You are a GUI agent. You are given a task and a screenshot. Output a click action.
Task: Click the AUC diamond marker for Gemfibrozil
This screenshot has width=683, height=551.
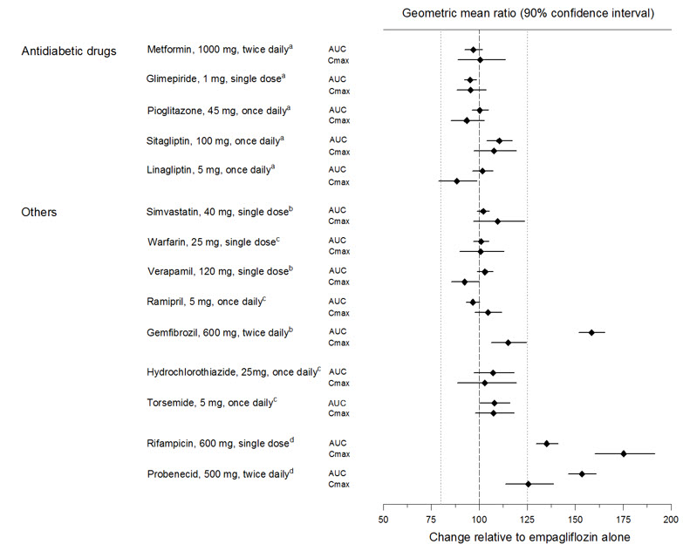coord(591,332)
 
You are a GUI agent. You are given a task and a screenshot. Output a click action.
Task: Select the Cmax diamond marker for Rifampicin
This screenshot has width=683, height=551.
coord(624,453)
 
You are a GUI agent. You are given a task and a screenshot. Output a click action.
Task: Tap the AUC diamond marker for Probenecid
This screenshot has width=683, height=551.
coord(582,473)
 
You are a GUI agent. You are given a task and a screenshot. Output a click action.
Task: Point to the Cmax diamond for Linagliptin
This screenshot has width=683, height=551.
coord(456,181)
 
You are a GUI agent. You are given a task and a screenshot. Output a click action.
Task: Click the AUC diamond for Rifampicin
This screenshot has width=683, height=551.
coord(547,443)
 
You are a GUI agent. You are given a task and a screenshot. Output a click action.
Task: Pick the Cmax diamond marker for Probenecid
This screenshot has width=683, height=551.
coord(528,484)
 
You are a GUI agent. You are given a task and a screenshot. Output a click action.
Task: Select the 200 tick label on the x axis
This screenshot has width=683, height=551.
coord(671,519)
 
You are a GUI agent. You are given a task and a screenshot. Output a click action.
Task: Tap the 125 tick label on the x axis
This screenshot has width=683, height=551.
coord(528,519)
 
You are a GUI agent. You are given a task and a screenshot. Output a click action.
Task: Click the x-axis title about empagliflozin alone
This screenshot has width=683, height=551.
coord(529,537)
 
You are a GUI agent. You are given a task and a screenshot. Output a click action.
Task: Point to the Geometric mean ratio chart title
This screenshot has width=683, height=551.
coord(528,14)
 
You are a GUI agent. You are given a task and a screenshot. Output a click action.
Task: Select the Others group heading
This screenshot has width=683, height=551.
coord(39,212)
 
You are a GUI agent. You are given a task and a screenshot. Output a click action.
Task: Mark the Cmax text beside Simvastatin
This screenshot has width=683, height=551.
coord(338,221)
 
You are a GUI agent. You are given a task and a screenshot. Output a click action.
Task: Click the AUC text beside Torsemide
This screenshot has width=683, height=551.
coord(338,403)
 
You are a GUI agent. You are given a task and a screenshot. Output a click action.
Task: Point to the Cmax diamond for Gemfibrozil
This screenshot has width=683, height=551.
coord(509,343)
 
